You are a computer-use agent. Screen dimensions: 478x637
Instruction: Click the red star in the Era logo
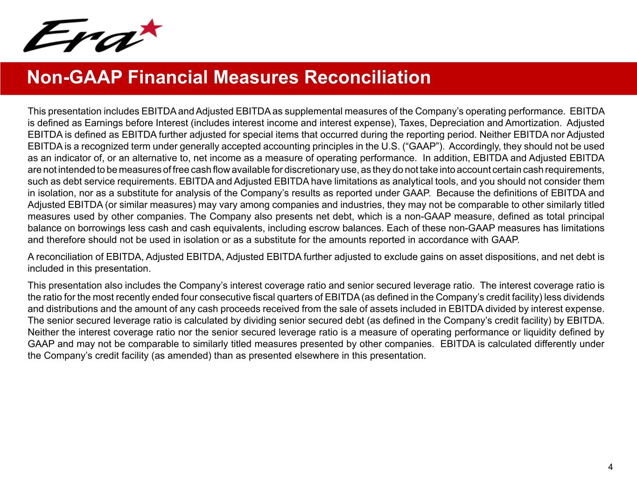click(151, 28)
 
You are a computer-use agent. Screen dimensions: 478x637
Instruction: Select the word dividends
click(586, 297)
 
